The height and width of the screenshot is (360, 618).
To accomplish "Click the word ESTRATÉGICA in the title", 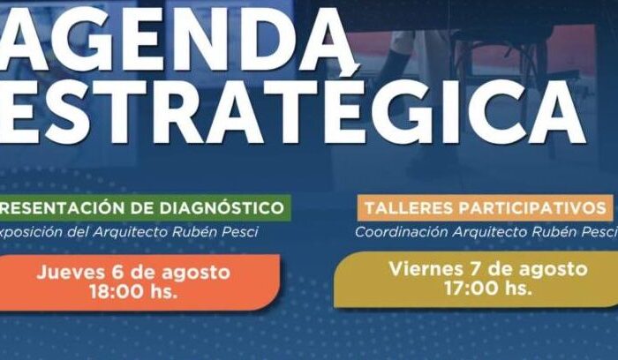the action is click(x=290, y=111).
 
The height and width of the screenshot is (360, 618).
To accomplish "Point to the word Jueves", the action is click(x=72, y=272).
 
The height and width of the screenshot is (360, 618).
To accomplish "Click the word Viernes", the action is click(x=426, y=269).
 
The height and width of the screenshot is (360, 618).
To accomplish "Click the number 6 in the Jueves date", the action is click(x=118, y=273).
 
